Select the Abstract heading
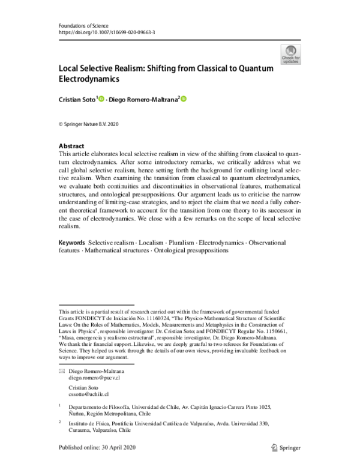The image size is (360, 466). tap(71, 146)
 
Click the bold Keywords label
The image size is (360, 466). tap(71, 241)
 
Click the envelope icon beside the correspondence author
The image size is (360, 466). tap(61, 372)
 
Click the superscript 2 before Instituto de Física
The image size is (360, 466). tap(59, 422)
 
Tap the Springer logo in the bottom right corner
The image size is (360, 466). tap(284, 447)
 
